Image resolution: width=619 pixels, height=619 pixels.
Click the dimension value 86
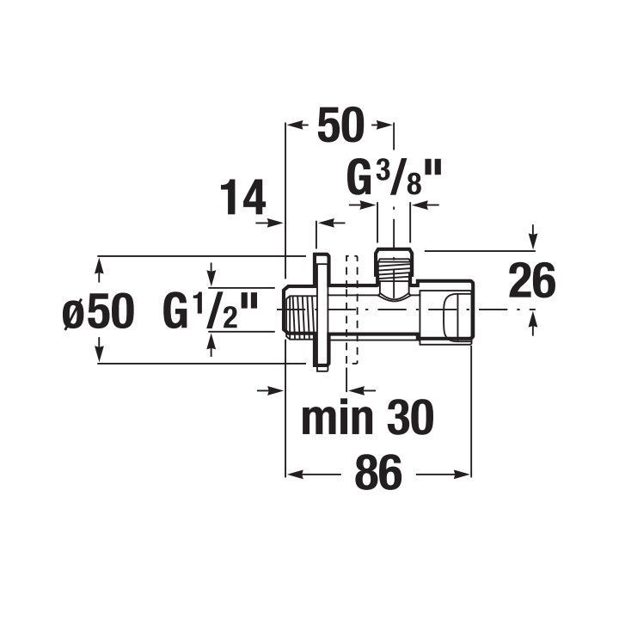coord(378,473)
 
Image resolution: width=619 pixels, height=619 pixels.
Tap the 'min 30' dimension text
coord(368,417)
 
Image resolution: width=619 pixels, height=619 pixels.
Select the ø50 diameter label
coord(99,311)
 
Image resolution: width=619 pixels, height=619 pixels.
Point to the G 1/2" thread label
coord(211,310)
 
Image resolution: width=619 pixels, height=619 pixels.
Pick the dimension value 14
coord(242,197)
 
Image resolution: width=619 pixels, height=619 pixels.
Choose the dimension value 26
coord(532,280)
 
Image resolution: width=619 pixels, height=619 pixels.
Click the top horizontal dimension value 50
coord(340,125)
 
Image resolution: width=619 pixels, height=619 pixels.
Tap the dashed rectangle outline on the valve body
coord(352,309)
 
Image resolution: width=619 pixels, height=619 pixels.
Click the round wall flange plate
coord(322,312)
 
